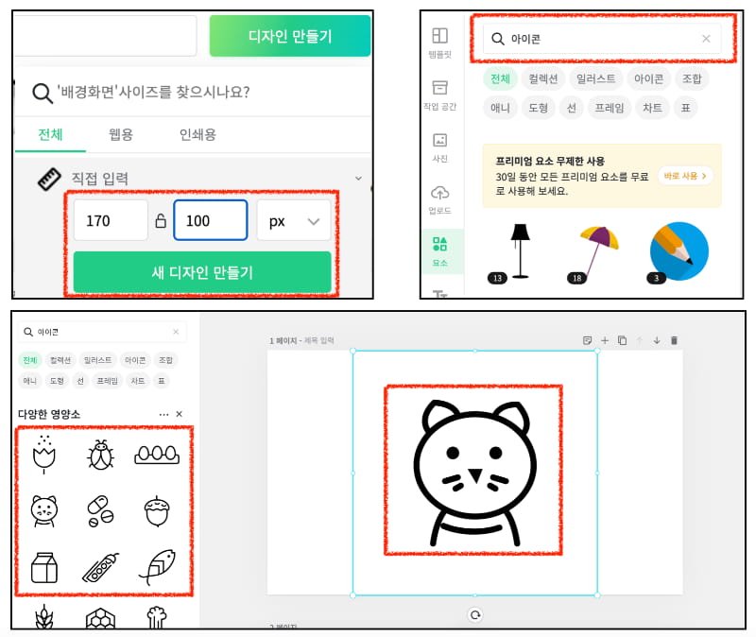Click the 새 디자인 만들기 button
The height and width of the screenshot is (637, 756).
coord(202,272)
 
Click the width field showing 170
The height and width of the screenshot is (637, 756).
coord(110,220)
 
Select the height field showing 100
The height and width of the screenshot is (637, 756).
coord(210,220)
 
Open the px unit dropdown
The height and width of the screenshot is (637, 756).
coord(293,220)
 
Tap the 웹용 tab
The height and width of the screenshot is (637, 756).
coord(121,134)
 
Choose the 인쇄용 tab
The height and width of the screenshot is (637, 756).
coord(198,134)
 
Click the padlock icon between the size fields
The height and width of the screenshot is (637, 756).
coord(161,221)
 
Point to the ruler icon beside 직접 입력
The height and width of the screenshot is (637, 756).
coord(49,179)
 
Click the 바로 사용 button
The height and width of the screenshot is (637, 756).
coord(685,176)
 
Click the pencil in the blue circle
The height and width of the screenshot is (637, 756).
coord(679,250)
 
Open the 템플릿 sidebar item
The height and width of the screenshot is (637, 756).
coord(439,43)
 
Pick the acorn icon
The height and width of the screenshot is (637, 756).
coord(156,511)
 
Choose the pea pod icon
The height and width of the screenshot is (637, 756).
coord(101,568)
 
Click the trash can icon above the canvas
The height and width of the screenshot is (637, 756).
coord(674,340)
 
